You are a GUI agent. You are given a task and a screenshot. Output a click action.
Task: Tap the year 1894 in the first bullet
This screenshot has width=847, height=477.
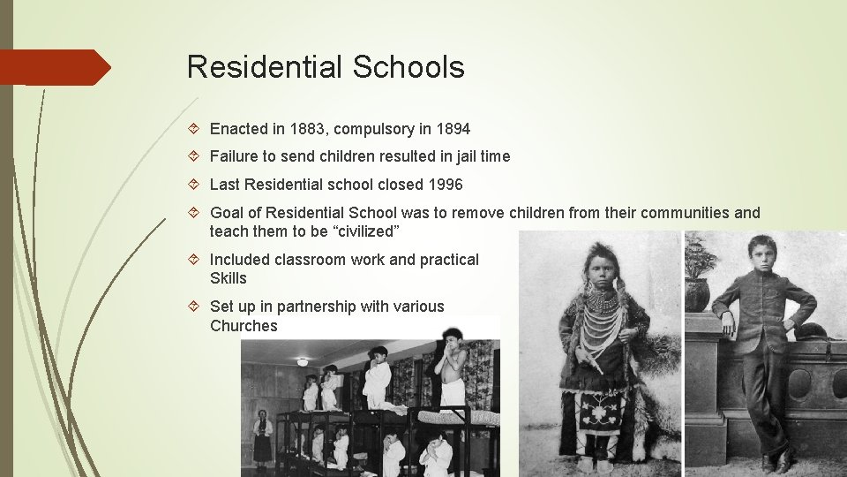(x=452, y=129)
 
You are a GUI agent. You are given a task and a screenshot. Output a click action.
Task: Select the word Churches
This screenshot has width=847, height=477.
(x=244, y=326)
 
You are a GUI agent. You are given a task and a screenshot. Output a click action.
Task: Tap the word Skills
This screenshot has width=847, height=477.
(x=229, y=278)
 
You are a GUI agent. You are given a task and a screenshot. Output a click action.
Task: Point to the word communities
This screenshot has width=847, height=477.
(x=686, y=213)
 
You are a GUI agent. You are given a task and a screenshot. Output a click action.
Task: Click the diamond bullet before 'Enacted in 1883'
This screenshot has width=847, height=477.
(x=196, y=129)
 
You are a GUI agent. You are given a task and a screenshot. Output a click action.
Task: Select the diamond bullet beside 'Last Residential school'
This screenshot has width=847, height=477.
(x=196, y=185)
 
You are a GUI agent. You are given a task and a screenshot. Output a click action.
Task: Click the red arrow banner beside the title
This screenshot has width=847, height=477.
(x=55, y=67)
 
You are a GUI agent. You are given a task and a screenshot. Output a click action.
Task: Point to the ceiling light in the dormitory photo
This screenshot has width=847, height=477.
(x=303, y=362)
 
